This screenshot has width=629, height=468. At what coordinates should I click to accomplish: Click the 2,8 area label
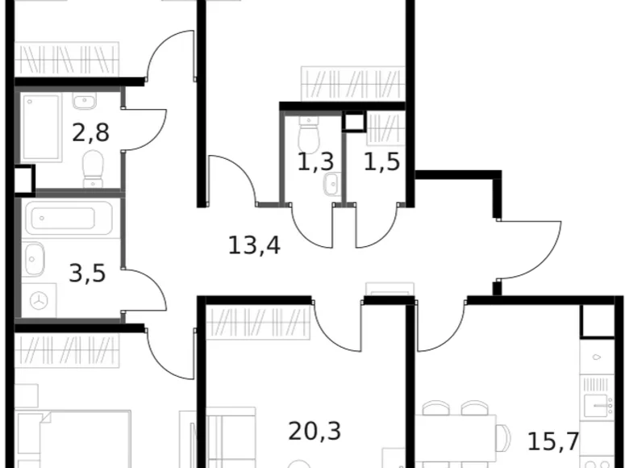coord(90,132)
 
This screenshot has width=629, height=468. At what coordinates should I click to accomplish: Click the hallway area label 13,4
coord(254,244)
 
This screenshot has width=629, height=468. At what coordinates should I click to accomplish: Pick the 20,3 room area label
coord(314,431)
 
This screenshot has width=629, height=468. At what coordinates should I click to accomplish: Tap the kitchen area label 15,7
coord(552,441)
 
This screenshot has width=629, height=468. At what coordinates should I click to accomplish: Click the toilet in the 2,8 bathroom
coord(94,167)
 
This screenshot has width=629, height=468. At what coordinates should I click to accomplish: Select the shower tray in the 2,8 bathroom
coord(41,127)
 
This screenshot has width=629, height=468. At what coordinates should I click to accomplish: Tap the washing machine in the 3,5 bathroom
coord(39,300)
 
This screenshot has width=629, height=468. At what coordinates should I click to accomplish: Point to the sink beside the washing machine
coord(36,259)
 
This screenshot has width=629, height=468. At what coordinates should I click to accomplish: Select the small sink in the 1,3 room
coord(331,186)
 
